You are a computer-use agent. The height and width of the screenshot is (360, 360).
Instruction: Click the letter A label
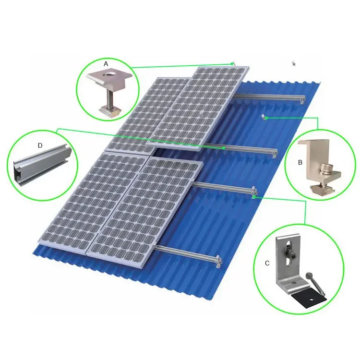[106, 63]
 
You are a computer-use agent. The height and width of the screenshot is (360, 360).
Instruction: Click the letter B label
[300, 162]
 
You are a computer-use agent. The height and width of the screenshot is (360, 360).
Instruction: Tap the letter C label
[267, 263]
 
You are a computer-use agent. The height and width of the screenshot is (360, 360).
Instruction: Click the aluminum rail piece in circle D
[42, 161]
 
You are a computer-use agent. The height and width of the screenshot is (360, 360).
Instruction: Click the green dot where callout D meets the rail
[224, 148]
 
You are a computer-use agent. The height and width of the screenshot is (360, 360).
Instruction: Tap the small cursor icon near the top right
[294, 63]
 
